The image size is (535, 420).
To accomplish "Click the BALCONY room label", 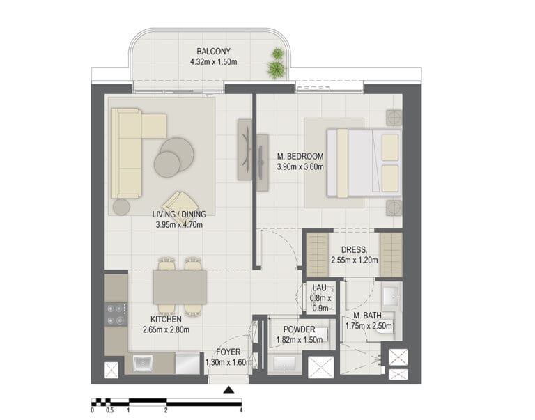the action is pyautogui.click(x=214, y=52).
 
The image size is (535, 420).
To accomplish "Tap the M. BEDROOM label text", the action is pyautogui.click(x=300, y=156).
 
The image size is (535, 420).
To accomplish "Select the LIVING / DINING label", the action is pyautogui.click(x=179, y=215).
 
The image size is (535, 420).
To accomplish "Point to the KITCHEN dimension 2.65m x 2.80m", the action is pyautogui.click(x=166, y=330).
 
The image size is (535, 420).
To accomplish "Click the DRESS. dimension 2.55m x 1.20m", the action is pyautogui.click(x=355, y=260).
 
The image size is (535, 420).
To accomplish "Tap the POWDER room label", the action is pyautogui.click(x=300, y=329).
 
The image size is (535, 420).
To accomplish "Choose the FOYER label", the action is pyautogui.click(x=228, y=352).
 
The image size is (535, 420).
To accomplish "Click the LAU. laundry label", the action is pyautogui.click(x=320, y=288).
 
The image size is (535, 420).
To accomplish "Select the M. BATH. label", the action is pyautogui.click(x=368, y=316).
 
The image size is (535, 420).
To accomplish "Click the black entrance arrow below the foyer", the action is pyautogui.click(x=228, y=389).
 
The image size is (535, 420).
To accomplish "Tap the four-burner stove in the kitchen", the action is pyautogui.click(x=116, y=315).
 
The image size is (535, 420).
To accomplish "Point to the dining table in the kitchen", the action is pyautogui.click(x=180, y=287).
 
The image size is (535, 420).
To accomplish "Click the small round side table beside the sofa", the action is pyautogui.click(x=121, y=207).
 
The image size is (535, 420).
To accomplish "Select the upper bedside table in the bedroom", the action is pyautogui.click(x=394, y=118).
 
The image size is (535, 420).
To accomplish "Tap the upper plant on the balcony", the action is pyautogui.click(x=277, y=54).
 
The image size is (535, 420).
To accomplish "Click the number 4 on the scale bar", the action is pyautogui.click(x=241, y=410).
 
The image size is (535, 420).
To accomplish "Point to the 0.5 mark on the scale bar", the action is pyautogui.click(x=109, y=410).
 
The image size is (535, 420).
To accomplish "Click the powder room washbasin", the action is pyautogui.click(x=284, y=364).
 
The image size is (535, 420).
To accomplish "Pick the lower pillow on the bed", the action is pyautogui.click(x=390, y=178).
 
